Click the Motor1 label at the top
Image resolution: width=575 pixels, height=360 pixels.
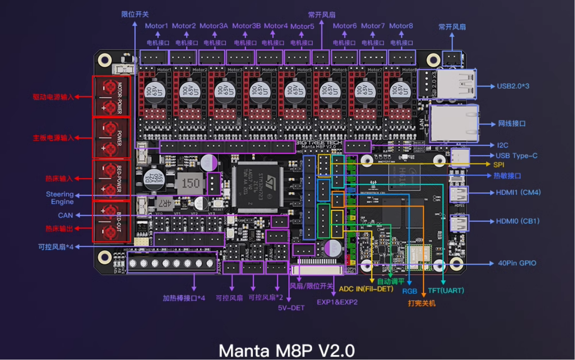point(156,26)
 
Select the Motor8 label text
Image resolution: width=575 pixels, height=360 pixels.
point(401,26)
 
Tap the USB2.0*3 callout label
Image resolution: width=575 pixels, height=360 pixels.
point(513,86)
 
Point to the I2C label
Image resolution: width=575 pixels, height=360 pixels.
point(502,145)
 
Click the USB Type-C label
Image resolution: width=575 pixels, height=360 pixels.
point(516,156)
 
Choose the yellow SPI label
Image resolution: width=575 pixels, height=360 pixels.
point(499,165)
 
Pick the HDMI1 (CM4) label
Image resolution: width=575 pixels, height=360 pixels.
point(518,192)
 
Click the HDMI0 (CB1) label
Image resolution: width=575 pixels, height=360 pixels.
point(518,221)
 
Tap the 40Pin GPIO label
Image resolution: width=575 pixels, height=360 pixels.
point(517,263)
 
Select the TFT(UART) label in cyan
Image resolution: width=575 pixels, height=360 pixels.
point(446,291)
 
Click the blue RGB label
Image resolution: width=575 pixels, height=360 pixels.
point(410,291)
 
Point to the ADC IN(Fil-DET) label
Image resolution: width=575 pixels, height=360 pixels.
point(366,289)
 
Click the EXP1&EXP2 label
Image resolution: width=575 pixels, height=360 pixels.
point(337,302)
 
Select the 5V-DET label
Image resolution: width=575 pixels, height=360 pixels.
point(291,308)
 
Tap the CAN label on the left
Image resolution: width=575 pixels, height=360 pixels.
point(65,215)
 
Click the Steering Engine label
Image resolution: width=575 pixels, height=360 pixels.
point(60,198)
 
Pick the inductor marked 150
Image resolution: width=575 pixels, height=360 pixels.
point(190,183)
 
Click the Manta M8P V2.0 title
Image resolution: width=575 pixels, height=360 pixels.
point(287,350)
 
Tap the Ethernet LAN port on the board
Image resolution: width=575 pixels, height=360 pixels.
point(454,124)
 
